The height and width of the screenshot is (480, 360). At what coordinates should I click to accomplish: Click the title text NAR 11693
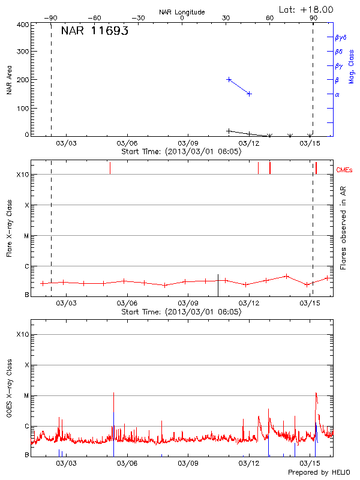94,32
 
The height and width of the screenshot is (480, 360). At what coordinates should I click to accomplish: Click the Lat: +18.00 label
307,10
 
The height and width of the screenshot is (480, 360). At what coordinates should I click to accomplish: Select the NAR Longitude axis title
182,12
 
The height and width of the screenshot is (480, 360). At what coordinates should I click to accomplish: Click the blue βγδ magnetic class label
341,37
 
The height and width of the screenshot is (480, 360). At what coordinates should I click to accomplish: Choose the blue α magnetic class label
337,94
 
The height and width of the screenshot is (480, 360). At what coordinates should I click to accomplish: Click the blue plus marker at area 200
229,79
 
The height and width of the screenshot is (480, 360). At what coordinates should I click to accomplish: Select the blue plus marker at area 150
249,94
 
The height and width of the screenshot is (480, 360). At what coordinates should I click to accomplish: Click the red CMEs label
345,171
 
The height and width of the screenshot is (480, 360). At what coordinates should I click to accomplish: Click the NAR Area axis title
10,80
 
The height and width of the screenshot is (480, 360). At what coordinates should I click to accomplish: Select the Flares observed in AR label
343,227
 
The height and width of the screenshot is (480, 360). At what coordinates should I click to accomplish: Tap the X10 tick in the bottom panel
23,334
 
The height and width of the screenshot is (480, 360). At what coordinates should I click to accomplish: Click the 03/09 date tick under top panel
188,143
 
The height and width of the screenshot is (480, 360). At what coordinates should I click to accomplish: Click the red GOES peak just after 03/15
316,394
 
